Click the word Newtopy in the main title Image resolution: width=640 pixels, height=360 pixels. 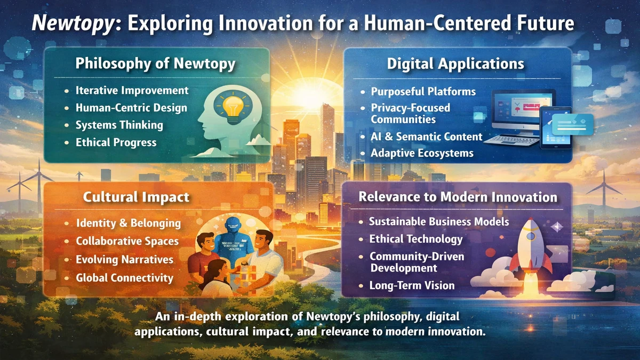pos(74,23)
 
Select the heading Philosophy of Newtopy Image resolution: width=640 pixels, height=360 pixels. pos(155,63)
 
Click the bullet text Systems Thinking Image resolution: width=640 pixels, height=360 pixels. pos(119,125)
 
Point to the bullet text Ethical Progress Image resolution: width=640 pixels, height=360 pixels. pos(116,142)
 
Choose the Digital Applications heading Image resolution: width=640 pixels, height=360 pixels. pos(455,64)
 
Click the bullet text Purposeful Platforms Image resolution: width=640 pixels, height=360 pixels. pos(423,92)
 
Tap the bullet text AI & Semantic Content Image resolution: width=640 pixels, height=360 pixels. pos(427,137)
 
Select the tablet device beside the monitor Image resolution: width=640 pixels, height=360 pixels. pos(555,127)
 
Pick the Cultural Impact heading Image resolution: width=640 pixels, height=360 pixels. pos(136,197)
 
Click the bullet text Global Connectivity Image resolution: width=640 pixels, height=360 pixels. pos(125,278)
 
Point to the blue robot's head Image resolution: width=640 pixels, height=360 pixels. pos(234,225)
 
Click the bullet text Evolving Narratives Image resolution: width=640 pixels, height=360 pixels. pos(125,259)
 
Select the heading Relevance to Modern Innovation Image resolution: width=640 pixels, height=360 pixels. pos(458,197)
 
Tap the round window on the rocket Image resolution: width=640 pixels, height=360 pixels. pos(531,236)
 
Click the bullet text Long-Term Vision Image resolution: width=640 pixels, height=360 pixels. pos(412,285)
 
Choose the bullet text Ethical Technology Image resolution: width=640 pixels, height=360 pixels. pos(415,239)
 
